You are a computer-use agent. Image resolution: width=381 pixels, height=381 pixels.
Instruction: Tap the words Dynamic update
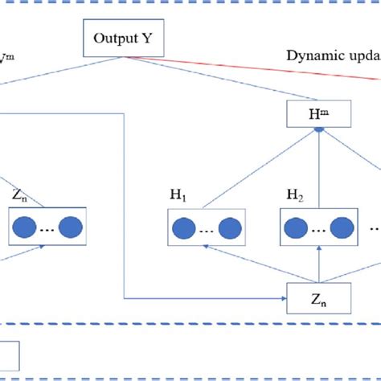332,55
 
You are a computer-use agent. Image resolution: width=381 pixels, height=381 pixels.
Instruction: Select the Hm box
317,115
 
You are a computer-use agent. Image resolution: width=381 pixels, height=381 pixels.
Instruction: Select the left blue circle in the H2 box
297,227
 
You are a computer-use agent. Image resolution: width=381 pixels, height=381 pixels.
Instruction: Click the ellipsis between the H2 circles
319,229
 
